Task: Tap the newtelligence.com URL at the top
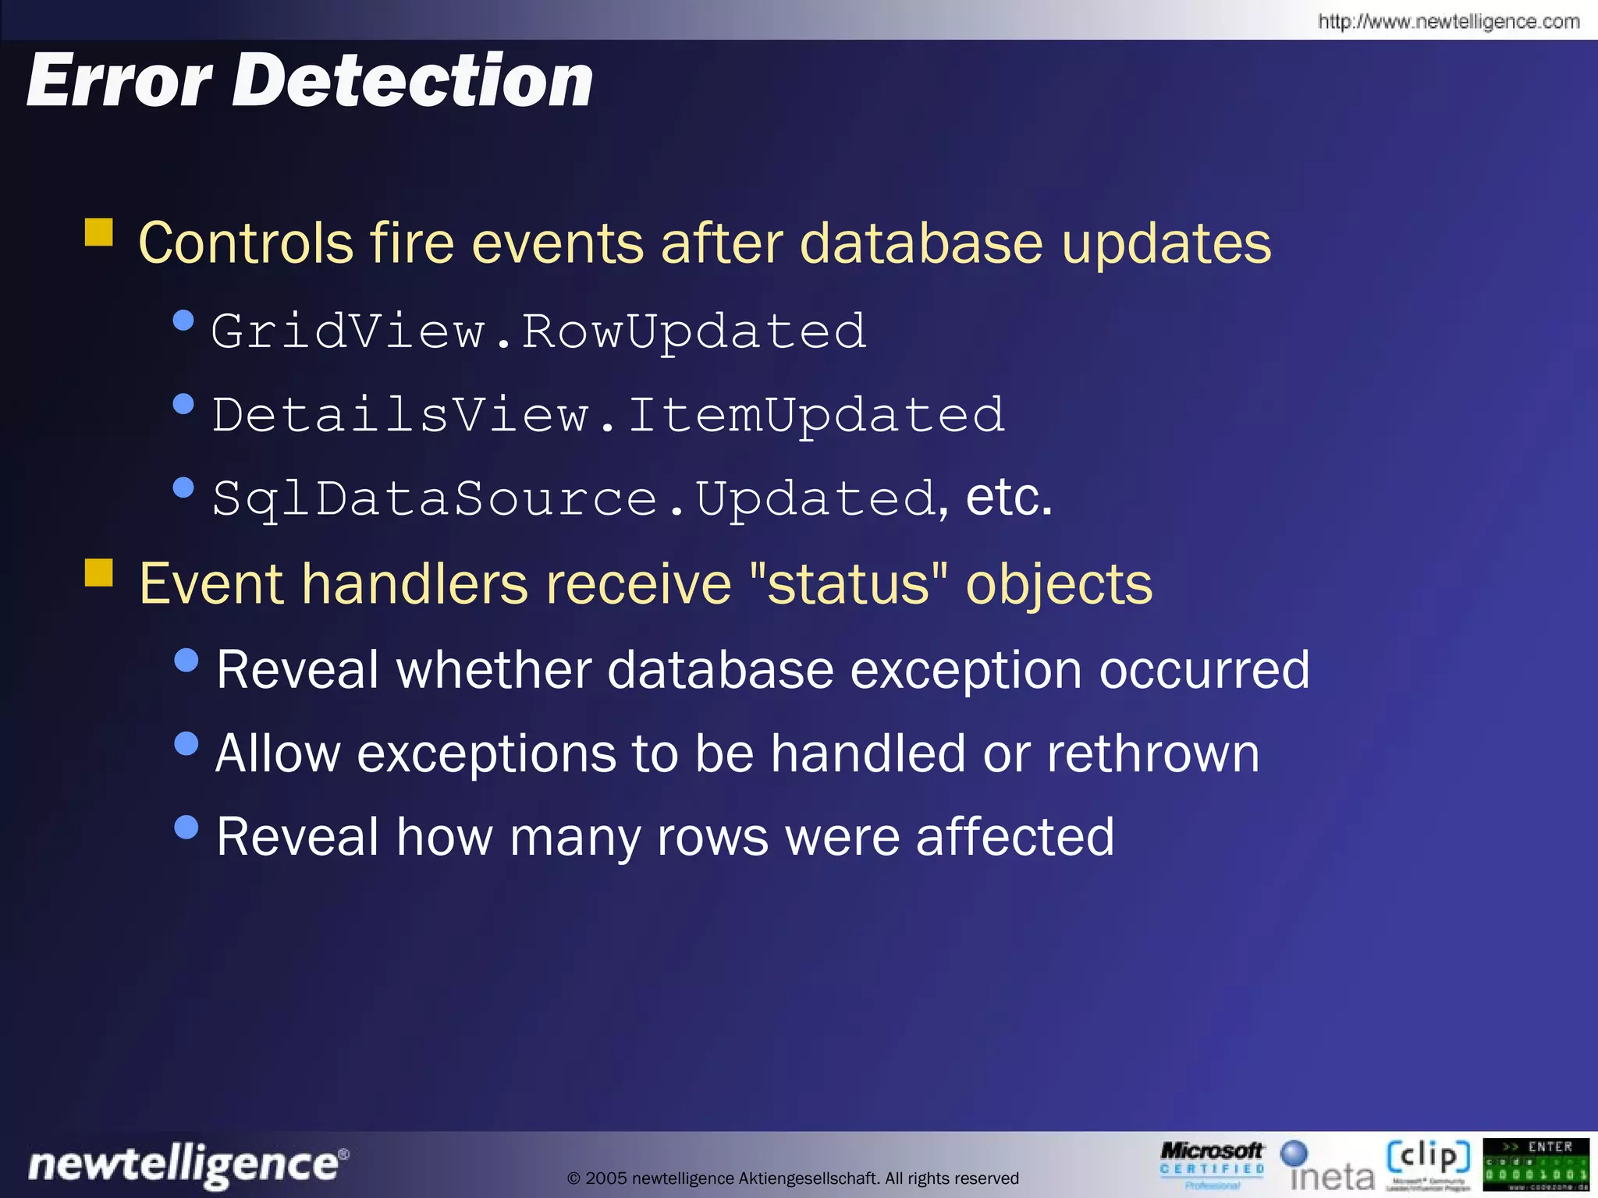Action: point(1448,21)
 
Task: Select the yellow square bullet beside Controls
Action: point(99,232)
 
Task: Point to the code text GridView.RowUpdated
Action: point(538,331)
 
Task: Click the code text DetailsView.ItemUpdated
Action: point(608,414)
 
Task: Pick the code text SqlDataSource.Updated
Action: point(574,498)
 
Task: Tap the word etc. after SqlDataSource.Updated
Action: point(1009,498)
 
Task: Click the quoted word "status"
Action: point(848,583)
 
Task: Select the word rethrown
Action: point(1152,753)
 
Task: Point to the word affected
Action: point(1014,837)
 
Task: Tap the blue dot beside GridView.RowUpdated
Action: point(183,320)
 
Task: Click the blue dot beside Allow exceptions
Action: point(186,743)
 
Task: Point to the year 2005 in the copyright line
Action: point(606,1179)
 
